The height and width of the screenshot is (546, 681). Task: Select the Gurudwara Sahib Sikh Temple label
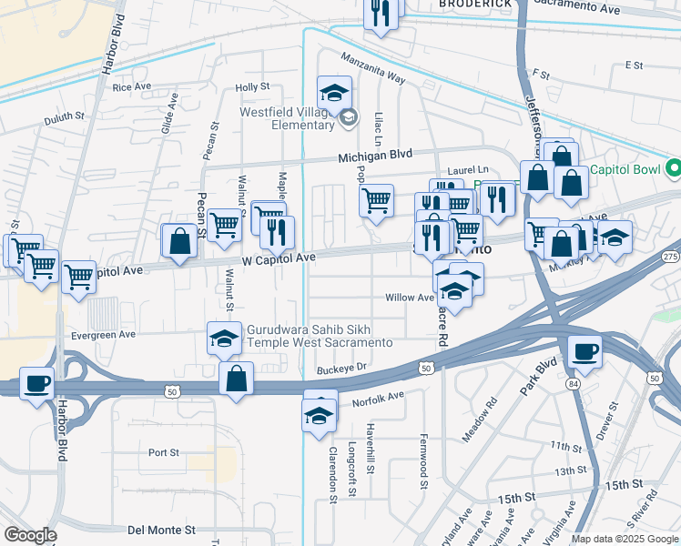click(319, 337)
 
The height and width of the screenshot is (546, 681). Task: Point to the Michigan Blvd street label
click(375, 157)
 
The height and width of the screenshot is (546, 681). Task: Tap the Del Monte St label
click(161, 529)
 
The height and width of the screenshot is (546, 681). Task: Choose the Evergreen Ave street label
click(104, 334)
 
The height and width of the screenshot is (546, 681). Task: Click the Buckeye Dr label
click(341, 369)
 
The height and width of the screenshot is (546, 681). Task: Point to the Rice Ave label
click(132, 86)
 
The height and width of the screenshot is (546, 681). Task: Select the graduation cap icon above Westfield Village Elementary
click(334, 92)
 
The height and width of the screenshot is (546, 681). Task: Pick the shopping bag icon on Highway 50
click(236, 377)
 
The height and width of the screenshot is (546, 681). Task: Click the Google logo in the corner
click(29, 535)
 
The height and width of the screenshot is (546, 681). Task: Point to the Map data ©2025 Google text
click(624, 539)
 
